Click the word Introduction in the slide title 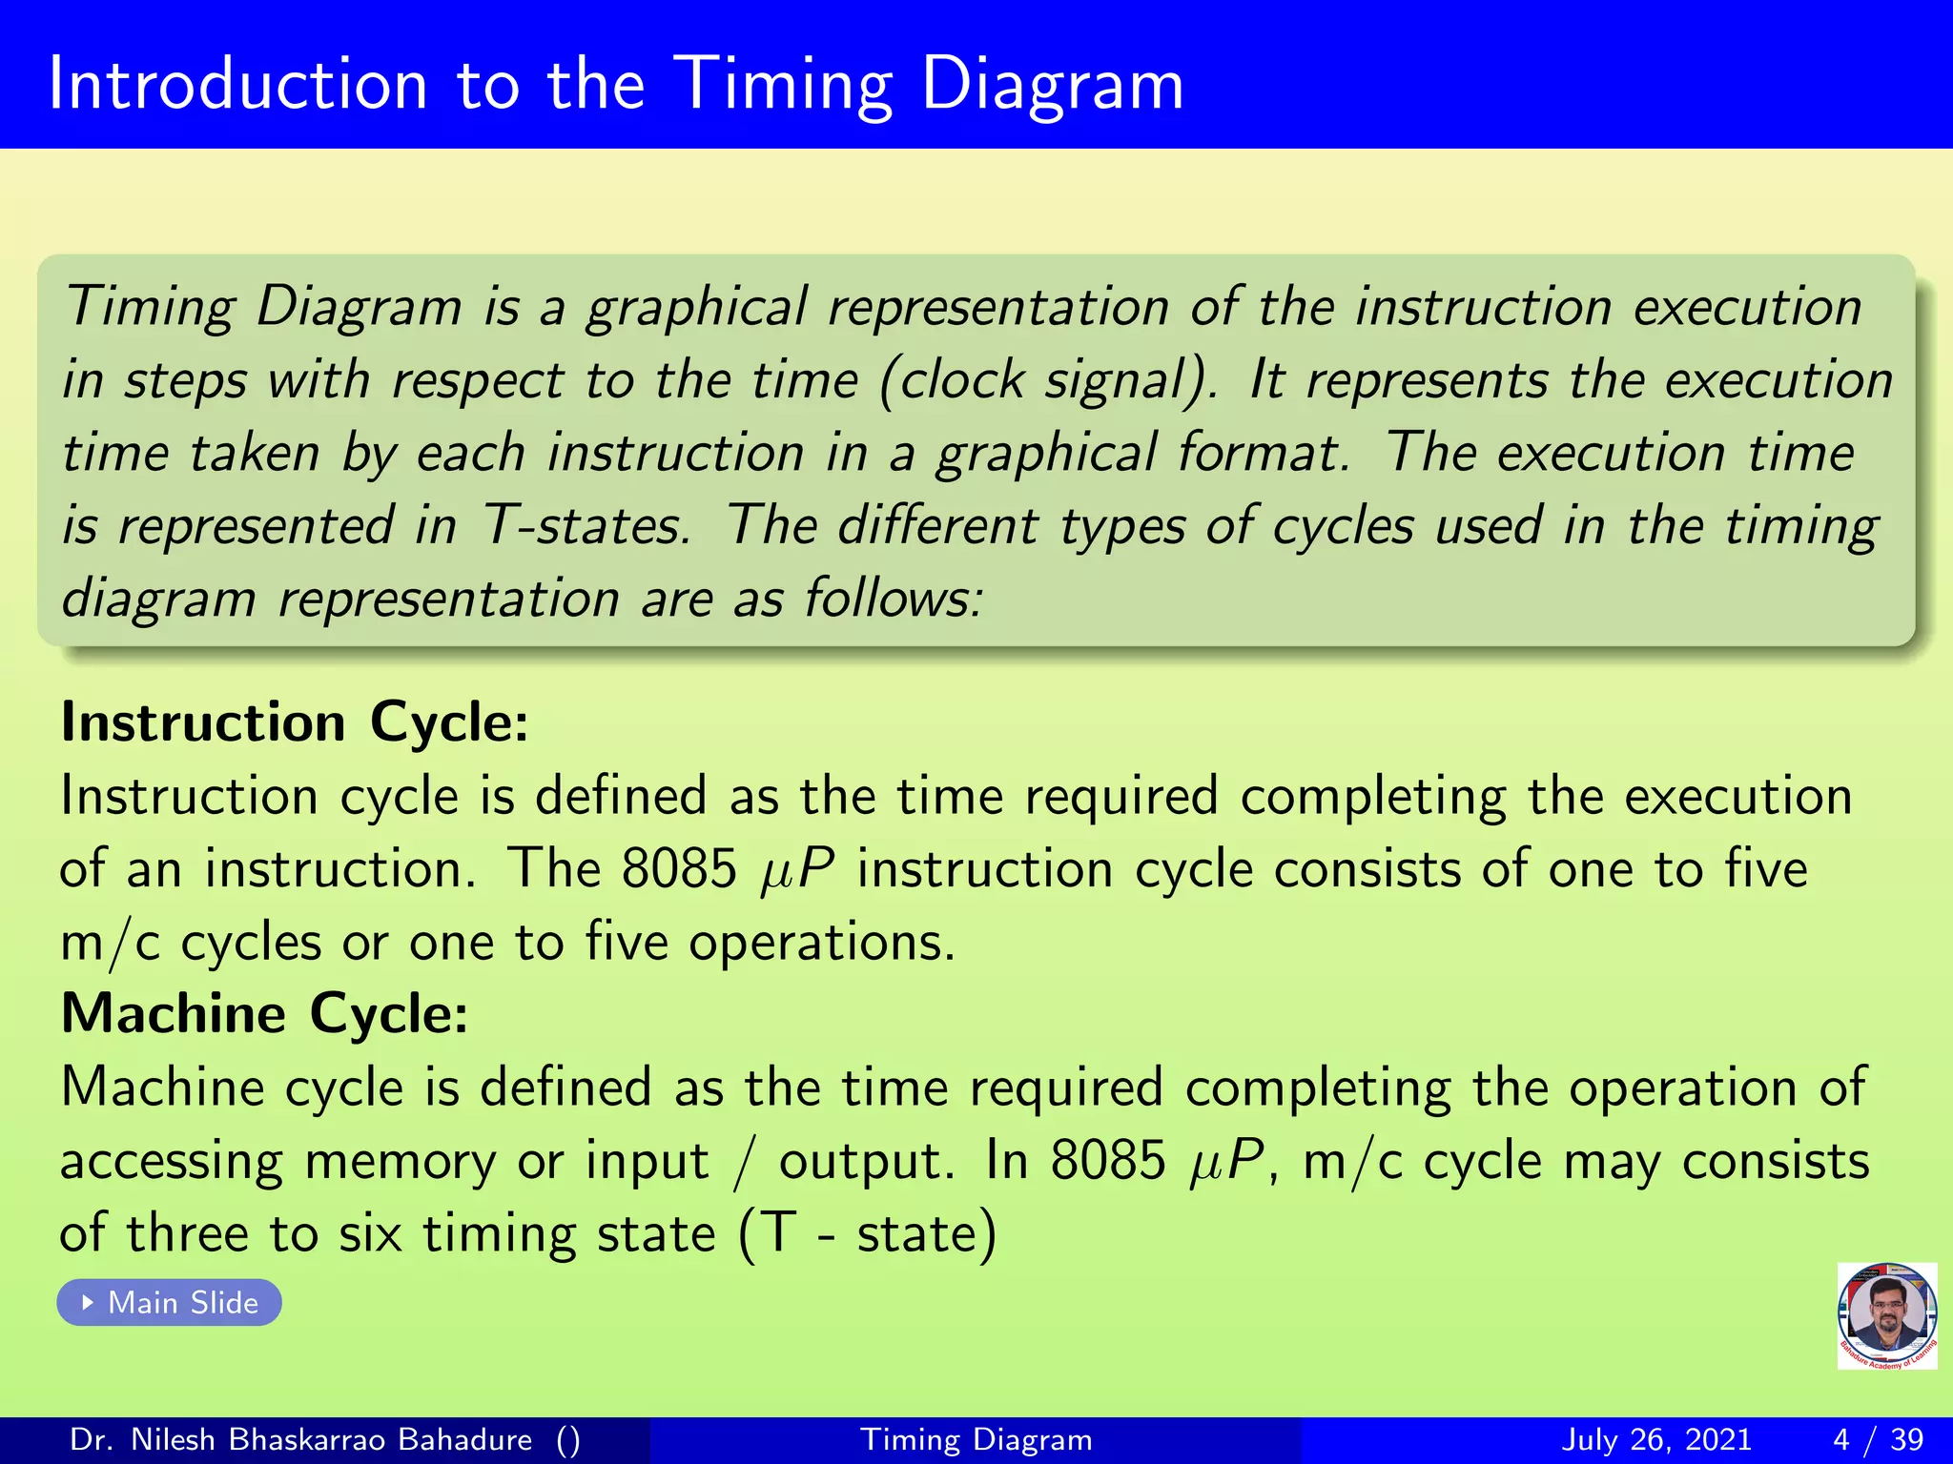pos(237,84)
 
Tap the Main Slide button pos(170,1302)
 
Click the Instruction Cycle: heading pos(294,722)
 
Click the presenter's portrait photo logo pos(1886,1314)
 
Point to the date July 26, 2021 pos(1656,1439)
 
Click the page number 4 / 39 pos(1878,1439)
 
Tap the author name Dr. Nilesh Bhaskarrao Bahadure pos(300,1439)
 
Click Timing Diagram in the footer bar pos(976,1439)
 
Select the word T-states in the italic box pos(586,525)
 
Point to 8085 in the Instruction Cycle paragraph pos(679,868)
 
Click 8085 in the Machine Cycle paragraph pos(1107,1160)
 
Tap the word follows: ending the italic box pos(893,599)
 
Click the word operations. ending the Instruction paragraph pos(821,942)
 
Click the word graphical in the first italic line pos(696,307)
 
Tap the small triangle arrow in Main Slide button pos(88,1302)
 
